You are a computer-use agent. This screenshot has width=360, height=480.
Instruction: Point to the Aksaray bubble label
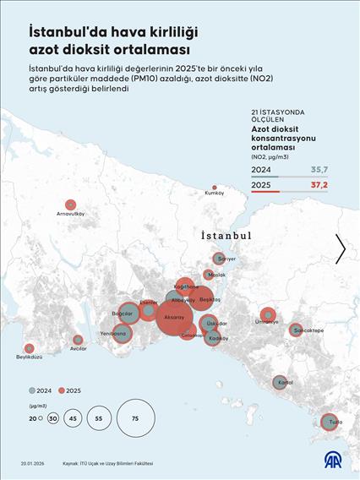[x=174, y=317]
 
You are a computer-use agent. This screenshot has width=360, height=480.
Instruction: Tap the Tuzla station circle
[x=329, y=421]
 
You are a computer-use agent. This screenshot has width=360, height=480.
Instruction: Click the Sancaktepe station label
[x=307, y=330]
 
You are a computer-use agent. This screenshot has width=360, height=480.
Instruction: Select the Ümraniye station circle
[x=267, y=315]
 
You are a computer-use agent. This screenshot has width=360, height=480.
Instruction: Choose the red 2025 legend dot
[x=62, y=390]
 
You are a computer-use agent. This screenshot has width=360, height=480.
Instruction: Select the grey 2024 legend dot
[x=31, y=390]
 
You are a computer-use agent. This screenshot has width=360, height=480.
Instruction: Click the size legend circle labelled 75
[x=135, y=418]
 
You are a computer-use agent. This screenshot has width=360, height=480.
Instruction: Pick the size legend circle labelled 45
[x=74, y=418]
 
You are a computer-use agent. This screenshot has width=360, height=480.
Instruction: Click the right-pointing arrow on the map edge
[x=341, y=248]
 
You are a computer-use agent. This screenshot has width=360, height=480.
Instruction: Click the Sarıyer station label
[x=226, y=259]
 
